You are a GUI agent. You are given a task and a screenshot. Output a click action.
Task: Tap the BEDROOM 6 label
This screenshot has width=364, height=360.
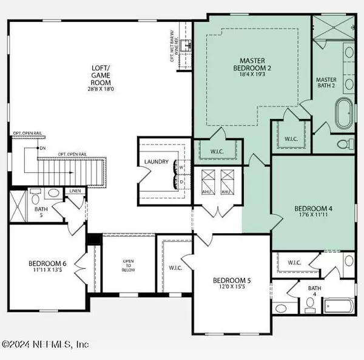click(x=47, y=263)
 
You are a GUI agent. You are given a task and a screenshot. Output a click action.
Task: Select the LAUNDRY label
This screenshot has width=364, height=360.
click(x=156, y=162)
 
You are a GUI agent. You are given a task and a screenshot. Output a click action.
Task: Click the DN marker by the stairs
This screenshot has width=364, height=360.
click(x=42, y=148)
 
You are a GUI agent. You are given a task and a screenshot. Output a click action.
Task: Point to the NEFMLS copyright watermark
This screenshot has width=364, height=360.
click(x=45, y=344)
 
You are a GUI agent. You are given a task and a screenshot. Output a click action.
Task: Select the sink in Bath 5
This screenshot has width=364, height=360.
click(x=53, y=193)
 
